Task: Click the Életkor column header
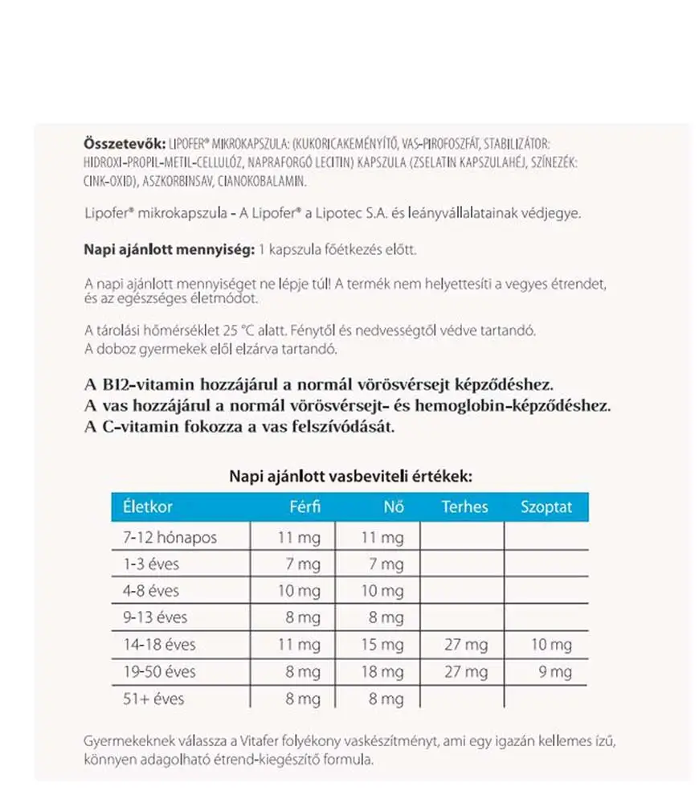148,507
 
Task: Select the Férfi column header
305,507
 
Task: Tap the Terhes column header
464,507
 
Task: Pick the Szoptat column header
546,507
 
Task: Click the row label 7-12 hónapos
170,537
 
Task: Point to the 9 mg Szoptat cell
555,671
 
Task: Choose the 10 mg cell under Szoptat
551,645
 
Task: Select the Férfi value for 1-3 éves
303,564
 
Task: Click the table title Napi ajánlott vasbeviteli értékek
350,476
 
